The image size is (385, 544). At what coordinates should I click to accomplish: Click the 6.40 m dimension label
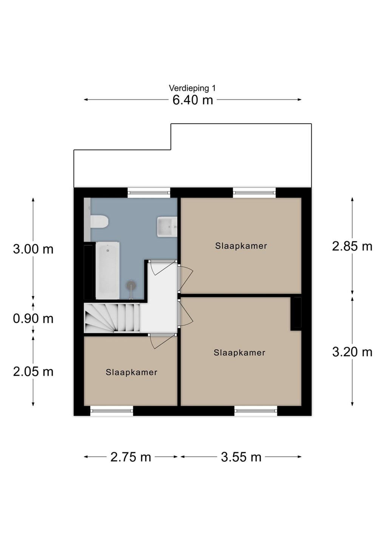193,100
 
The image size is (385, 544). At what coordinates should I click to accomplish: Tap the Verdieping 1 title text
192,88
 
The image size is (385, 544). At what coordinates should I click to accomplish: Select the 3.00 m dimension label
33,249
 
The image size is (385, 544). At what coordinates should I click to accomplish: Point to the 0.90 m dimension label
33,318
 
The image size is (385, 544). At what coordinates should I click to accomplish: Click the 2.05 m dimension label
33,372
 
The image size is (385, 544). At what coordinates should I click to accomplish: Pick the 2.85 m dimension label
352,246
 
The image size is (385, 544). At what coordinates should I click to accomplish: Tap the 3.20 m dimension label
352,352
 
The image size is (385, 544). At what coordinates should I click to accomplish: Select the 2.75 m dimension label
131,457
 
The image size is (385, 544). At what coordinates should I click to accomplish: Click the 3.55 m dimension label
241,457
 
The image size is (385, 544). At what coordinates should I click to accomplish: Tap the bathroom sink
167,227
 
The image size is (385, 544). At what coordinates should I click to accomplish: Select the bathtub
108,270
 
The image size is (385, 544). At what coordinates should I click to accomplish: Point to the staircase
112,318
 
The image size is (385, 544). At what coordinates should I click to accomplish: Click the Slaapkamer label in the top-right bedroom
241,246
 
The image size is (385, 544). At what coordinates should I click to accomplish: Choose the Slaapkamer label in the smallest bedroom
131,372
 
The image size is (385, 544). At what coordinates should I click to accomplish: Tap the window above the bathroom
149,192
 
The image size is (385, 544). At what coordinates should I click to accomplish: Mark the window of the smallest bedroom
112,411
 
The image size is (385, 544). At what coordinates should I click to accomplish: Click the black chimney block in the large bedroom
296,314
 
